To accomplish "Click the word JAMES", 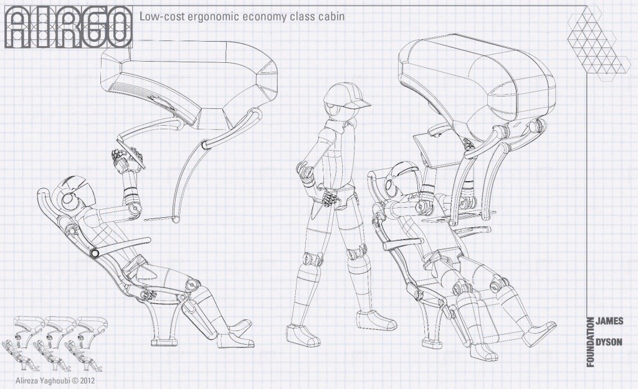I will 609,319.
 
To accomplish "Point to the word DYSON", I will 609,342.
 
